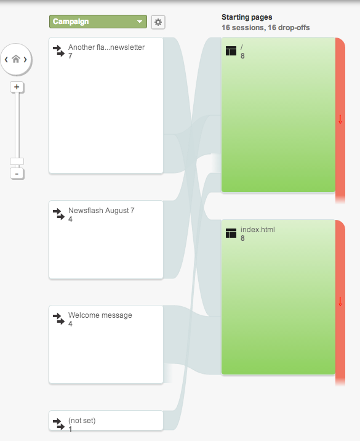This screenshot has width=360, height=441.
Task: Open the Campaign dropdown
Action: (x=98, y=22)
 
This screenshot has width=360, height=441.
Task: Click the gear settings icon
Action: (x=158, y=22)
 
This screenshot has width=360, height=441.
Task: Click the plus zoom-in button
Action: (x=17, y=87)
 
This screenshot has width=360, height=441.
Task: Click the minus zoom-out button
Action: (x=17, y=174)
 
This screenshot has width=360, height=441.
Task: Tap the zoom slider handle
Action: (x=17, y=161)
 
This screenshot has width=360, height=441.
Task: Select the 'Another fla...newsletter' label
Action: (x=106, y=47)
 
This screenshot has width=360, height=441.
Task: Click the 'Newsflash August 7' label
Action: (x=101, y=211)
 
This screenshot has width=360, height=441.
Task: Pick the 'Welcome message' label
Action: (x=100, y=315)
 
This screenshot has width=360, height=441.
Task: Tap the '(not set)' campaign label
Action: (x=82, y=421)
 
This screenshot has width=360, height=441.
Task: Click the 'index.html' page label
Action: (x=258, y=230)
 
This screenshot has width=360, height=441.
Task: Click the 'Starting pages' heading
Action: (x=247, y=17)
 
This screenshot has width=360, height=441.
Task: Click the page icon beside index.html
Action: (x=231, y=233)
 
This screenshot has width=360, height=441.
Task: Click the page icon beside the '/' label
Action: (x=231, y=51)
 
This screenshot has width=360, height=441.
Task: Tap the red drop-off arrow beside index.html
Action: (x=340, y=302)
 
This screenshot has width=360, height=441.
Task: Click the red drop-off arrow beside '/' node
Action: (x=340, y=119)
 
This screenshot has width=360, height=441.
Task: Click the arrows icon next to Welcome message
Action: (x=58, y=318)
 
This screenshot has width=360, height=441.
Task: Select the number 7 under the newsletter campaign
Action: (x=71, y=56)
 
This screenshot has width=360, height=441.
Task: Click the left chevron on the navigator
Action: (x=6, y=59)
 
